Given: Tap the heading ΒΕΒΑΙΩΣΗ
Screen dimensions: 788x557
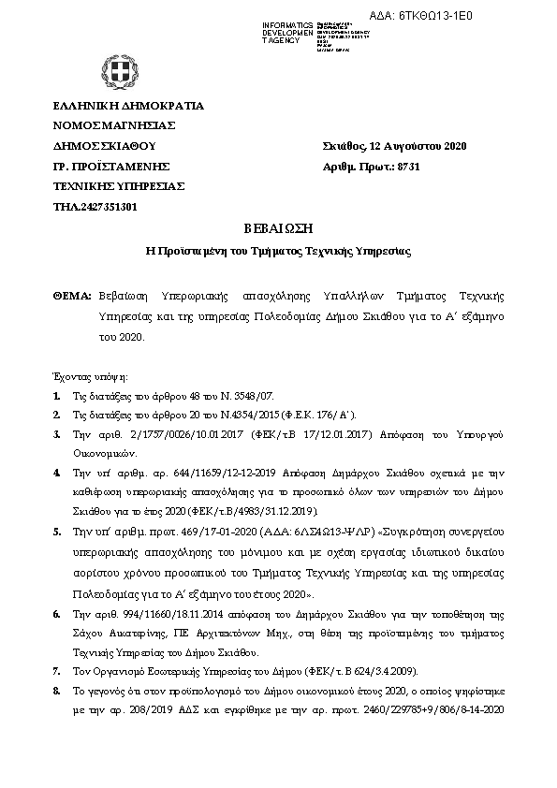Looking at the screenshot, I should pyautogui.click(x=277, y=230).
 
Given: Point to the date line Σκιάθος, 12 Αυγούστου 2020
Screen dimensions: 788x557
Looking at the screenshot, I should pyautogui.click(x=393, y=146).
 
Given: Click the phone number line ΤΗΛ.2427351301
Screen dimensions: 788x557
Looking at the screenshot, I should pyautogui.click(x=95, y=206).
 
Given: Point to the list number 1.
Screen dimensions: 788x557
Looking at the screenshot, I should pyautogui.click(x=57, y=397).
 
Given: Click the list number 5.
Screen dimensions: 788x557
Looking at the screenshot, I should pyautogui.click(x=57, y=530).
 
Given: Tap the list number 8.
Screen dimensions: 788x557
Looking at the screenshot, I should pyautogui.click(x=57, y=689).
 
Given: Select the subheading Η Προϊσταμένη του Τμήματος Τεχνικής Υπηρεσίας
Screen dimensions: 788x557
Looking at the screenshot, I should pyautogui.click(x=277, y=252).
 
